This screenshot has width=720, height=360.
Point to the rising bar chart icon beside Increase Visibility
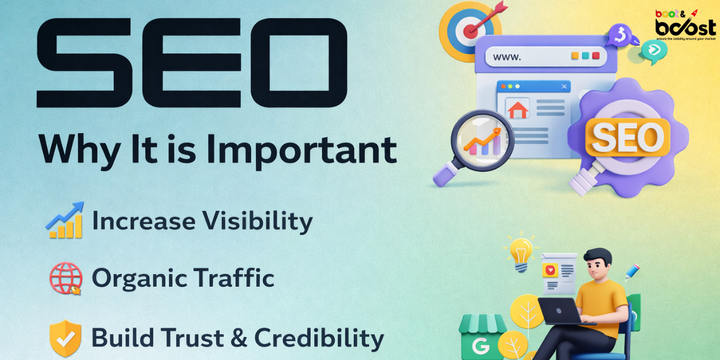coord(64,220)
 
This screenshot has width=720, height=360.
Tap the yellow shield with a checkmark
coord(65,338)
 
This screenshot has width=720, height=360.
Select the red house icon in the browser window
coord(517,110)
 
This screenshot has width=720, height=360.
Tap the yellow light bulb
coord(521,252)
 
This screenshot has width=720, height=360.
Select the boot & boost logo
coord(685,24)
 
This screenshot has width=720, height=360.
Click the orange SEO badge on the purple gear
coord(628,137)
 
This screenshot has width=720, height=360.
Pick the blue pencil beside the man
coord(631,272)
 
